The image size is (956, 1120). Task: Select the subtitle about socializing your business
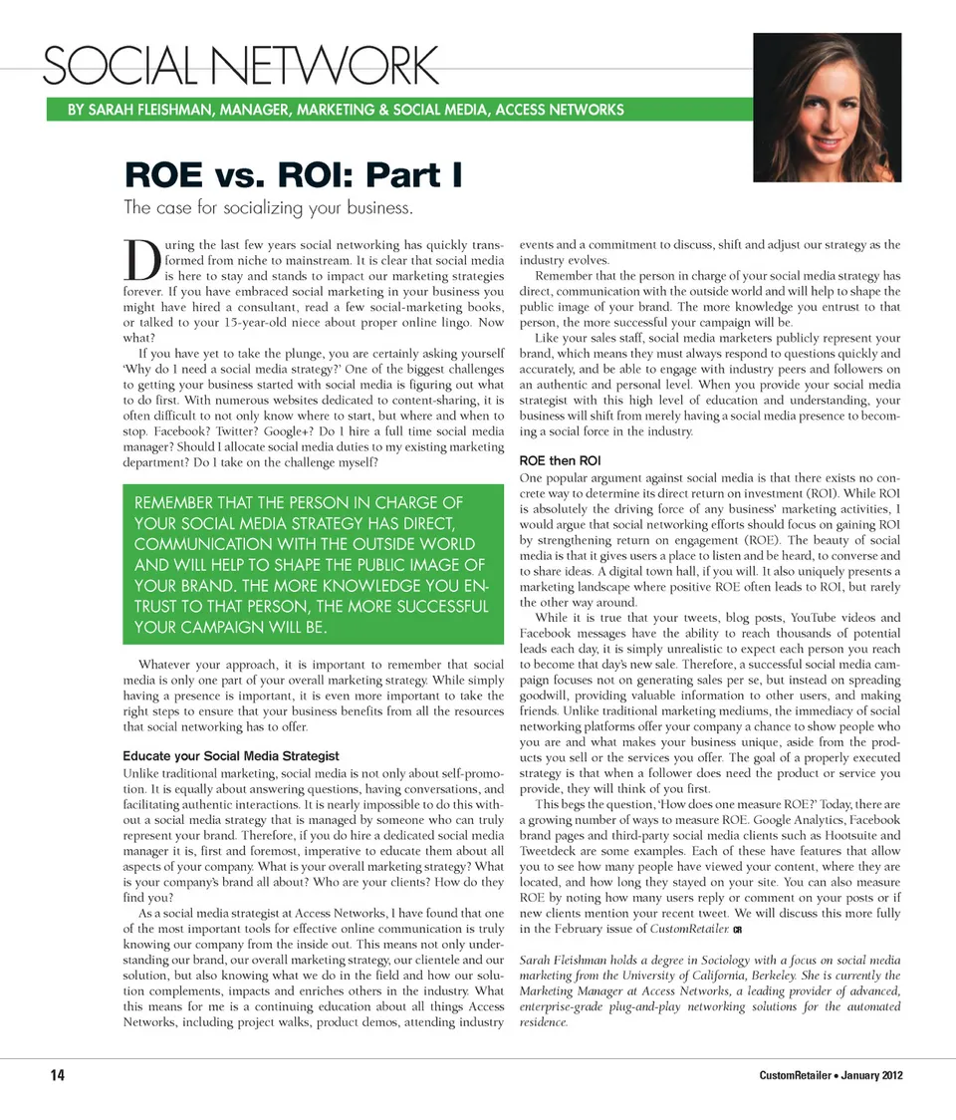(x=267, y=208)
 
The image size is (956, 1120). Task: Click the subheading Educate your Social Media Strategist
(x=230, y=756)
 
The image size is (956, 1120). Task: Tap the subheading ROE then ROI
(x=560, y=460)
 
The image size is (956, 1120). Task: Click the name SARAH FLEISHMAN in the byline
(x=158, y=110)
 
